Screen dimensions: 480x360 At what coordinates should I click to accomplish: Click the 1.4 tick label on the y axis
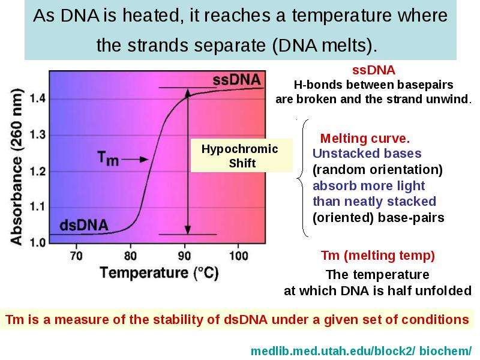tap(38, 98)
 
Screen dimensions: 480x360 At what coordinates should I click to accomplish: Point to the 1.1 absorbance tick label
tap(38, 207)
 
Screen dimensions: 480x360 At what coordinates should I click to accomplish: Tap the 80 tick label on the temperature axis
tap(130, 256)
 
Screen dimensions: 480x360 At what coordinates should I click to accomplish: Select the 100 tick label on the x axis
tap(239, 256)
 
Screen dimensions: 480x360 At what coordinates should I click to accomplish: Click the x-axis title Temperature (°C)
tap(159, 273)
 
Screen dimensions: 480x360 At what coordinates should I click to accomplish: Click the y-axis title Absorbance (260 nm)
tap(17, 167)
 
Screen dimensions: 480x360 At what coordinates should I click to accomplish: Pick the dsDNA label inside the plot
tap(84, 226)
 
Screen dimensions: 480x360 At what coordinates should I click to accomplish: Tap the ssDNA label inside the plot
tap(236, 80)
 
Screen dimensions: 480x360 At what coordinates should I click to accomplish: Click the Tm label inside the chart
tap(108, 158)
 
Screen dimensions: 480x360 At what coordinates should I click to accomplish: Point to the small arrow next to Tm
tap(135, 159)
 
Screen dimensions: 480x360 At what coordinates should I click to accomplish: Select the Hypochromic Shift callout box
tap(242, 155)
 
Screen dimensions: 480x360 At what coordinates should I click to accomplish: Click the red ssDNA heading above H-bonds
tap(374, 70)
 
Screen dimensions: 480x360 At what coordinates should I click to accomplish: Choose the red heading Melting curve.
tap(365, 139)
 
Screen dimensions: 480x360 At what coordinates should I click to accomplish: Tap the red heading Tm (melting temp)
tap(378, 256)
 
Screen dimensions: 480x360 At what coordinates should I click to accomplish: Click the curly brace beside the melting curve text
tap(302, 178)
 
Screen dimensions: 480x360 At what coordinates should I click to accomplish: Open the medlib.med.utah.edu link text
tap(361, 351)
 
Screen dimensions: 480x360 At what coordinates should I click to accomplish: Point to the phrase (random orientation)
tap(377, 170)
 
